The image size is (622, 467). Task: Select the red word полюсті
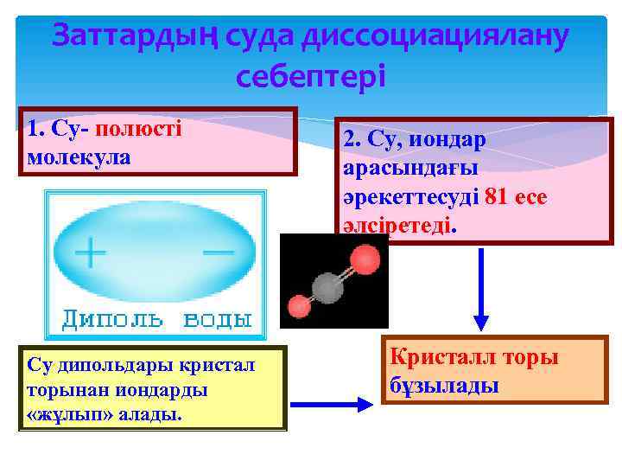pyautogui.click(x=139, y=130)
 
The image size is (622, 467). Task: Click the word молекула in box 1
pyautogui.click(x=79, y=158)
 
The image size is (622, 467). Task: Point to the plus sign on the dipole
pyautogui.click(x=90, y=253)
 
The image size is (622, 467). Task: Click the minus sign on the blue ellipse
pyautogui.click(x=217, y=251)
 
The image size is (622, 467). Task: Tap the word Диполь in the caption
pyautogui.click(x=111, y=319)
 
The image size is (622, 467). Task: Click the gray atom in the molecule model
pyautogui.click(x=326, y=286)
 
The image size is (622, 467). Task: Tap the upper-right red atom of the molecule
pyautogui.click(x=365, y=258)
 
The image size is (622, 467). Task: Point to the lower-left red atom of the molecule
pyautogui.click(x=299, y=306)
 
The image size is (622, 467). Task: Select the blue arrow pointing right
pyautogui.click(x=332, y=404)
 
